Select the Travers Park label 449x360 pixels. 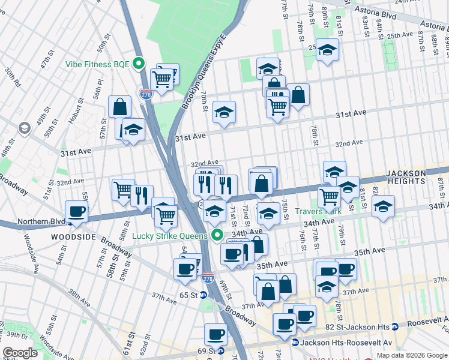tap(318, 211)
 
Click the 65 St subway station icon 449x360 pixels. tap(203, 295)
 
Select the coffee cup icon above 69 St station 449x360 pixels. tap(215, 334)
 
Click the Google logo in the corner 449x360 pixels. tap(20, 353)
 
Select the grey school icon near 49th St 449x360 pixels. tap(24, 128)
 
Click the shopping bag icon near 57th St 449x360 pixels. tap(120, 106)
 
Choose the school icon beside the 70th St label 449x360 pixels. tap(224, 112)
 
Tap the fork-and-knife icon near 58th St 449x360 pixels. tap(142, 196)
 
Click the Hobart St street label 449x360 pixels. tap(75, 112)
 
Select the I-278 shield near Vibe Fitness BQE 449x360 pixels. tap(145, 94)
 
